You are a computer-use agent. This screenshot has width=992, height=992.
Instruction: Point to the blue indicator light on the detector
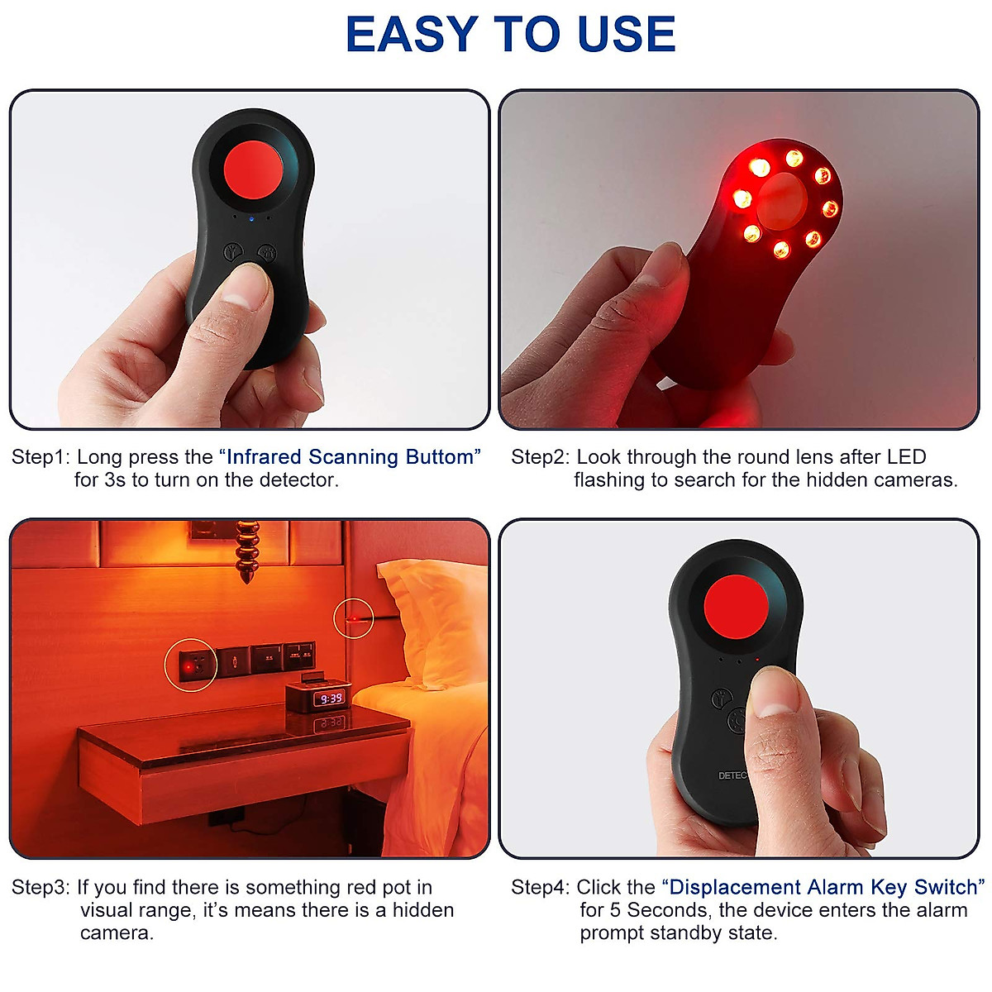[253, 219]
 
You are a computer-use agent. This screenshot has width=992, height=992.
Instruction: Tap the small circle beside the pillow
[353, 618]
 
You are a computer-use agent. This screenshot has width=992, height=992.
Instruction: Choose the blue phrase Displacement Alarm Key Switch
[823, 888]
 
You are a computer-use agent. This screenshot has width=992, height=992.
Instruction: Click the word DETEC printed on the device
[732, 776]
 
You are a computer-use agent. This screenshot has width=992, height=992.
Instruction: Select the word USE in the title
[627, 35]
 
